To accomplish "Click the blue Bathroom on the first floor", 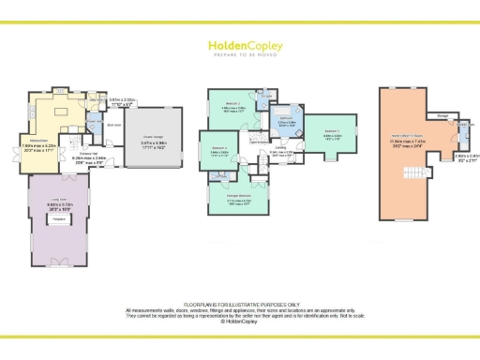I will (x=285, y=121).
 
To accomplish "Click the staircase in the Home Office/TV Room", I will (x=410, y=173).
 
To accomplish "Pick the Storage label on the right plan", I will (x=442, y=116).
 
